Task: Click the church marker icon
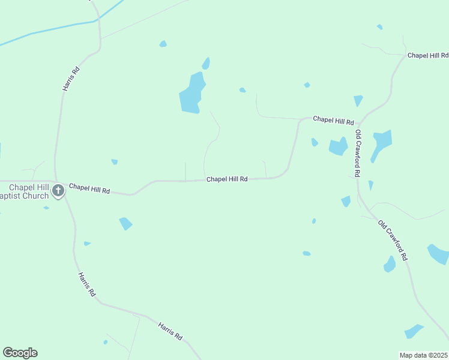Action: (x=58, y=191)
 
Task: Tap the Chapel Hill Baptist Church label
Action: (x=24, y=191)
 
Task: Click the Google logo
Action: (x=20, y=353)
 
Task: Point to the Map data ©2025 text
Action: (x=423, y=355)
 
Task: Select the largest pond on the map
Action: (x=191, y=93)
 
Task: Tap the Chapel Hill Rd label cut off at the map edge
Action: (x=427, y=55)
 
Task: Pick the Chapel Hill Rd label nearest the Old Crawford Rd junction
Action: (x=333, y=120)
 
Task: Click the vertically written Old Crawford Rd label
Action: (x=357, y=153)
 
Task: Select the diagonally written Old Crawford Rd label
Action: (x=393, y=240)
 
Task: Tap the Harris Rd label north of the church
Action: (x=71, y=79)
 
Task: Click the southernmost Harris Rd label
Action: (x=170, y=331)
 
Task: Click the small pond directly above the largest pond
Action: (x=206, y=63)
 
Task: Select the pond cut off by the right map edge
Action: (x=438, y=254)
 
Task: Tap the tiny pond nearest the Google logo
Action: (x=105, y=342)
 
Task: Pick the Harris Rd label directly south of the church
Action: (x=86, y=285)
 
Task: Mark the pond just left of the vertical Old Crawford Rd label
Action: (x=338, y=146)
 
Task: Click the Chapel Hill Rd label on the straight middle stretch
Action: (x=227, y=179)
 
